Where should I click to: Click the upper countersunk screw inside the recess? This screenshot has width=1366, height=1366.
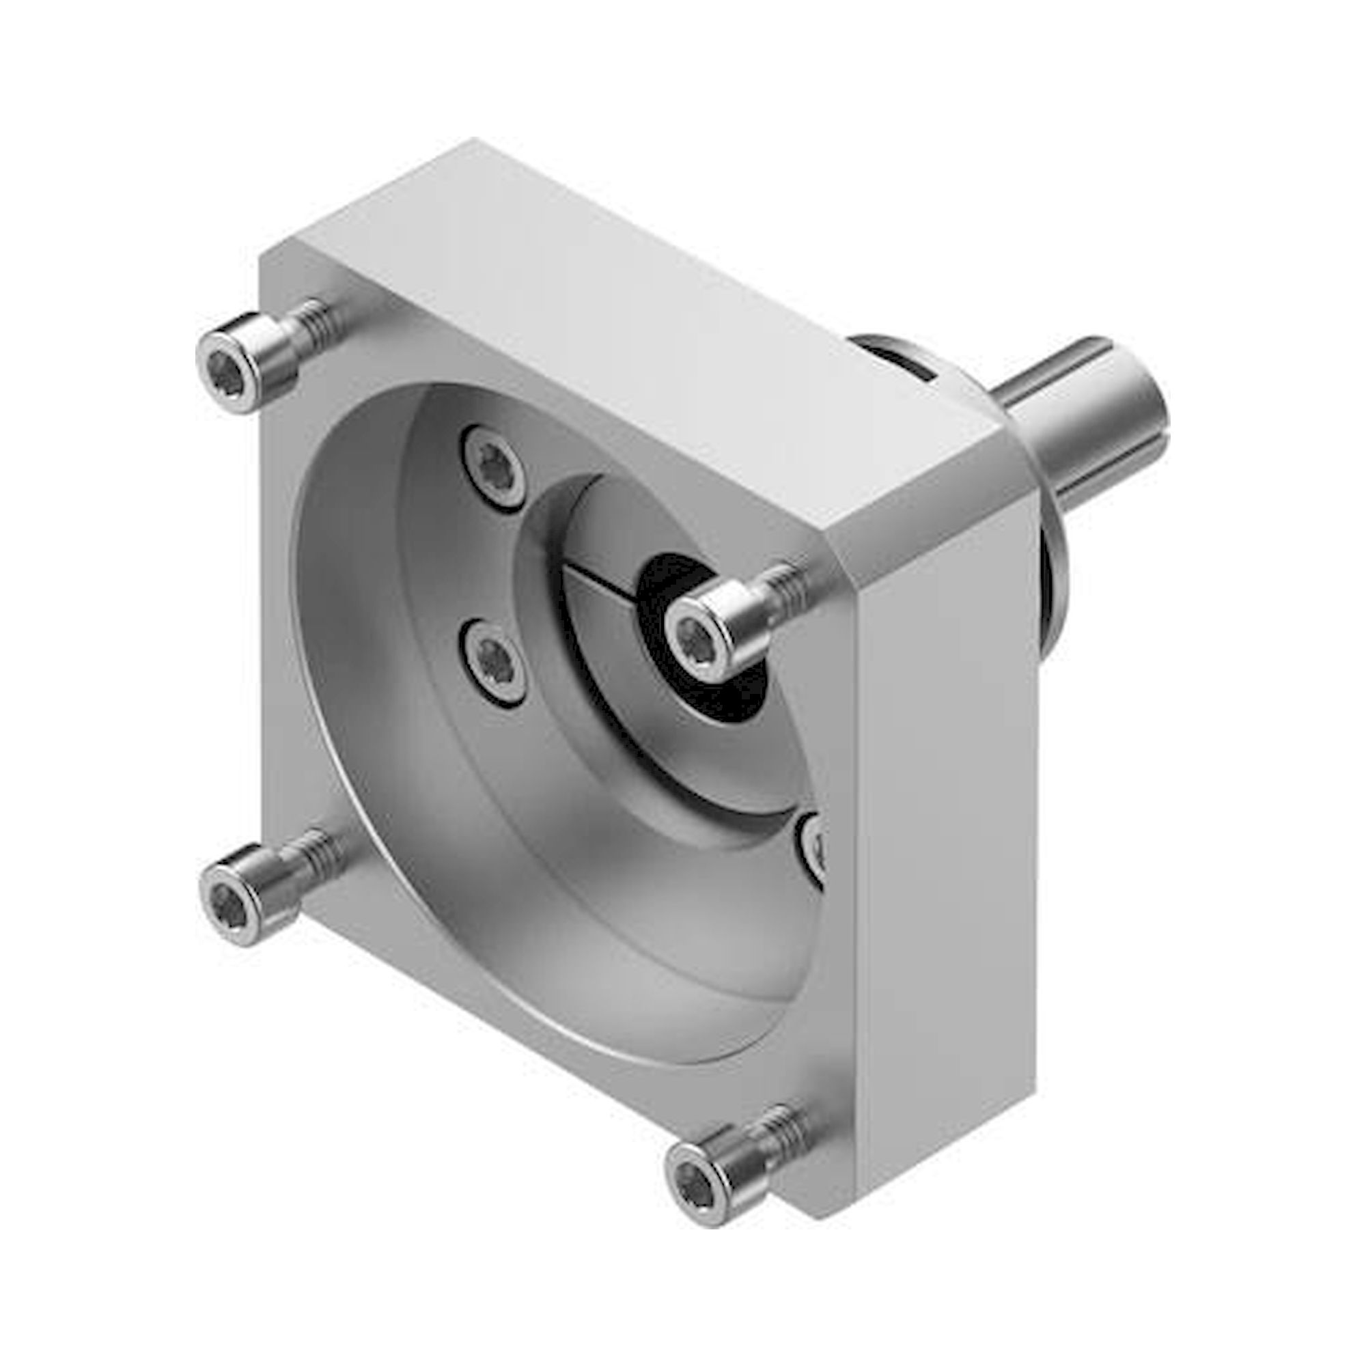click(x=494, y=466)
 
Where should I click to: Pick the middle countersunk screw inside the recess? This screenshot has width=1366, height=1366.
click(x=493, y=660)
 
